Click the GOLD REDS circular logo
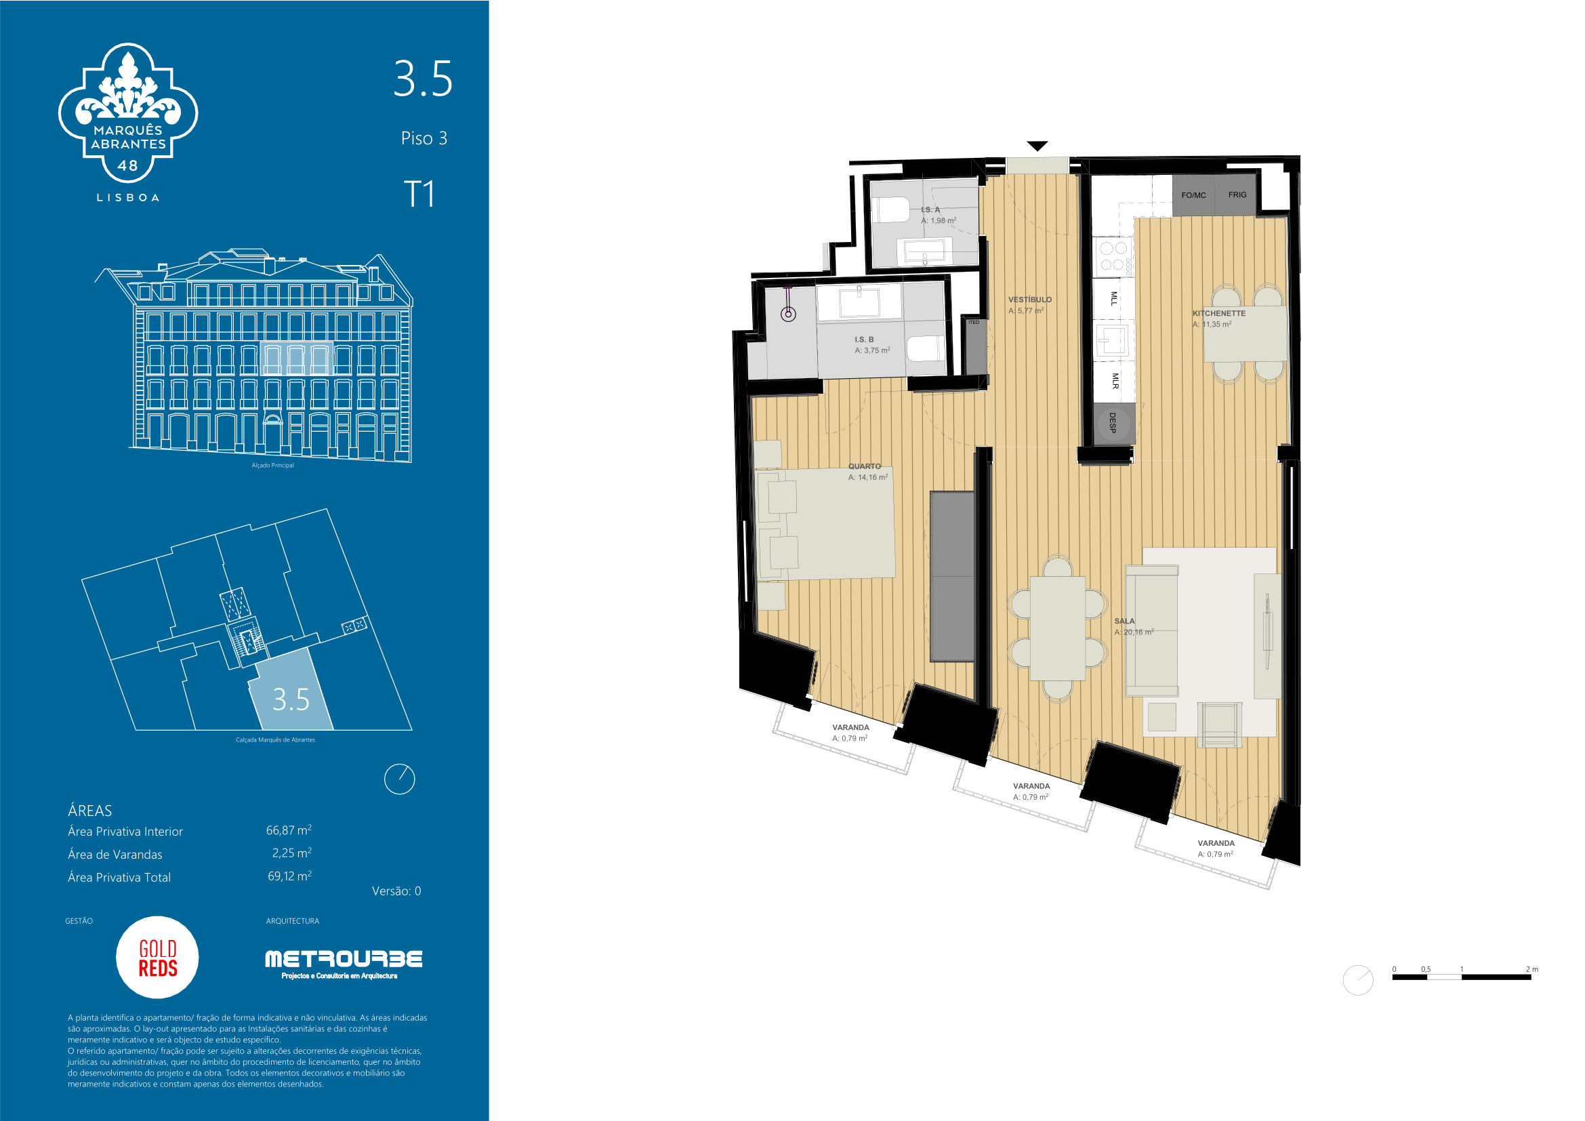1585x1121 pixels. point(157,958)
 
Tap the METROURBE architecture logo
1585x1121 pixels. point(344,964)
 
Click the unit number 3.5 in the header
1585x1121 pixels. point(423,79)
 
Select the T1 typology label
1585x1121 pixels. point(419,194)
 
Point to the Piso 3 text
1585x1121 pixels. point(424,138)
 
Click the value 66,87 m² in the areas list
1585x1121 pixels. point(289,830)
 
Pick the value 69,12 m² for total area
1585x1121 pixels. point(289,876)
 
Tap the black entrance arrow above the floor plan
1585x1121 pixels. point(1037,146)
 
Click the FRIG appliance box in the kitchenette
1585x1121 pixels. point(1237,195)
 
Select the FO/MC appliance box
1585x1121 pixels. point(1193,195)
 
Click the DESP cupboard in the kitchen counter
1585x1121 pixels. point(1113,423)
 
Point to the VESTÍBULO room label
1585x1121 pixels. point(1030,300)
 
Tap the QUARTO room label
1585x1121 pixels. point(864,466)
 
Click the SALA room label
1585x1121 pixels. point(1125,621)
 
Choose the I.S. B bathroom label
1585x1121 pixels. point(864,340)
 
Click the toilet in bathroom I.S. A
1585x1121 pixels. point(892,211)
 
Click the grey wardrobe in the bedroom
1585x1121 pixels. point(952,576)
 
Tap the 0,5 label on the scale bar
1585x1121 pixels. point(1426,970)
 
